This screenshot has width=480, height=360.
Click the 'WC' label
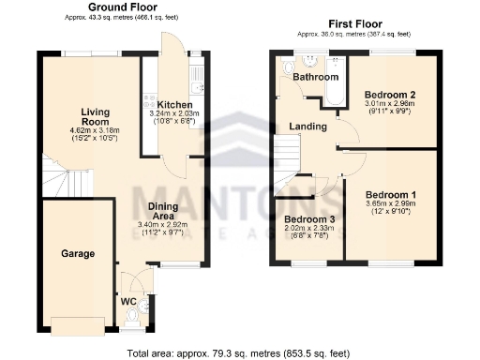pyautogui.click(x=127, y=301)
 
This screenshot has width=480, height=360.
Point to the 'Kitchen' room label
pyautogui.click(x=174, y=104)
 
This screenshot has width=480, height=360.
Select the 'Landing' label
pyautogui.click(x=307, y=127)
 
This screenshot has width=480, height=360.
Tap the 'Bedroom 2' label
pyautogui.click(x=390, y=95)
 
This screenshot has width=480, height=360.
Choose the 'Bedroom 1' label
pyautogui.click(x=391, y=195)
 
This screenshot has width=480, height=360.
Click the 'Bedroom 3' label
pyautogui.click(x=307, y=220)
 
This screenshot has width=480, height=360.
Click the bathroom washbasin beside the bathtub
pyautogui.click(x=313, y=58)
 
